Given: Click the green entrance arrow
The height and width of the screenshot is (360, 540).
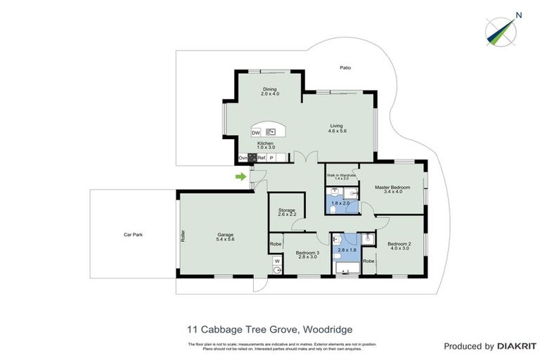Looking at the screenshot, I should (241, 176).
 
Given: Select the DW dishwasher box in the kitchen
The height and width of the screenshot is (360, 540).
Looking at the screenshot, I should (257, 132).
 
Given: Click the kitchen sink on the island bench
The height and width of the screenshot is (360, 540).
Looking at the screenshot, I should (270, 131).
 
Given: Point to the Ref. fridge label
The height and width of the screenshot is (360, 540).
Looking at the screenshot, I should (261, 158).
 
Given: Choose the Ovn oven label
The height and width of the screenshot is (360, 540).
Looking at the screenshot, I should (243, 158).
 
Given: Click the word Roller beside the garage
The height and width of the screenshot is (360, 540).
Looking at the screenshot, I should (182, 236).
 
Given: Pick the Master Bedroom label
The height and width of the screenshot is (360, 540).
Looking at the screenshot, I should (392, 187).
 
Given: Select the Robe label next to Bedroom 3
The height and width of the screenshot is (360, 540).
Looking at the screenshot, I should (276, 243).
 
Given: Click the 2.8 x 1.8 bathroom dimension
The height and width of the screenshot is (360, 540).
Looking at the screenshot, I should (348, 250).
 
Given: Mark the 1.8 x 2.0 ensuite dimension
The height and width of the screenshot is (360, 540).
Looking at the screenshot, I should (340, 203).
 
